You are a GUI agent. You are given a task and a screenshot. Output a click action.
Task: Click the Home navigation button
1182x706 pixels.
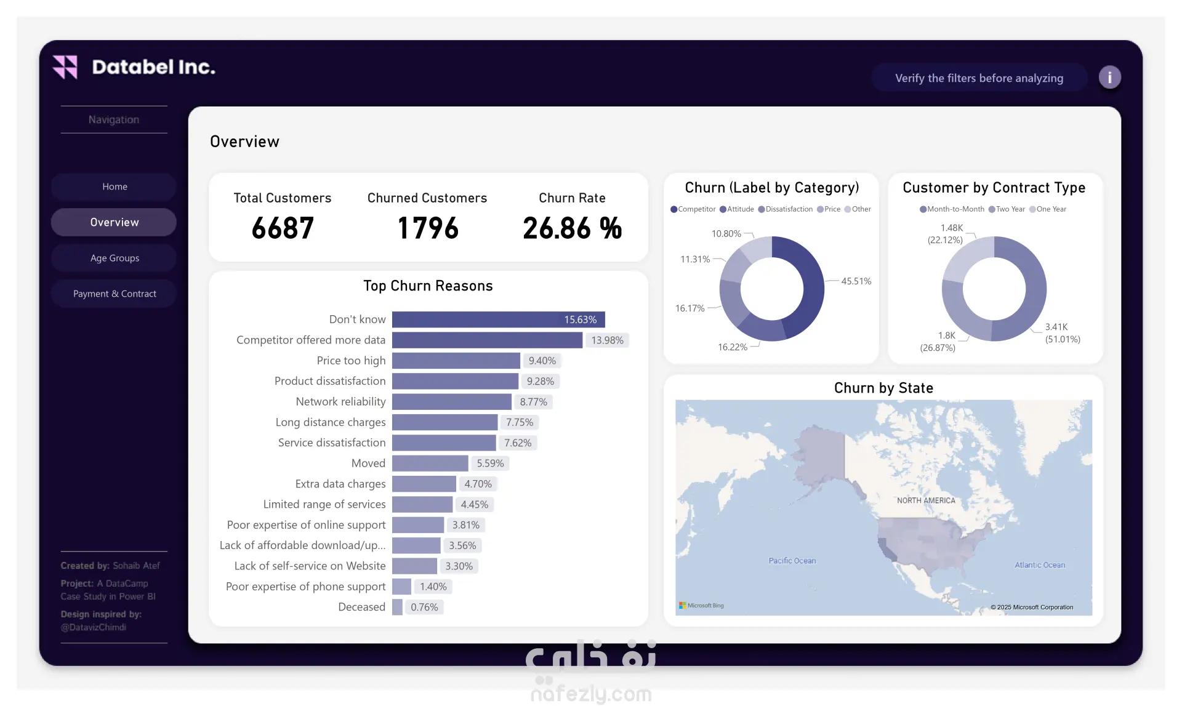point(115,187)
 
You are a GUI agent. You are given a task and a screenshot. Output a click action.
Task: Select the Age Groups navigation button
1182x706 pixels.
point(115,258)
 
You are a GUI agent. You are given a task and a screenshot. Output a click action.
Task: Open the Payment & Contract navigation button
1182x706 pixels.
point(115,294)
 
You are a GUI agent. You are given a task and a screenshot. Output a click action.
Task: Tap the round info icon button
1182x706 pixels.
point(1109,78)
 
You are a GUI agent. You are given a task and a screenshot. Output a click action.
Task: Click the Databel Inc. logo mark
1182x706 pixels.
point(65,67)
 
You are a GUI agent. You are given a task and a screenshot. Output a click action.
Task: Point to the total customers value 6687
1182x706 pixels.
point(283,228)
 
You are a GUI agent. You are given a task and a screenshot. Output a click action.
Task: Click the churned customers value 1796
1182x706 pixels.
point(428,228)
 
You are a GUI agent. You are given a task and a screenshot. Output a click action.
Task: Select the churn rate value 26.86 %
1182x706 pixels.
point(572,228)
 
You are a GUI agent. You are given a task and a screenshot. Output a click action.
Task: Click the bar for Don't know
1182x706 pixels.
point(499,319)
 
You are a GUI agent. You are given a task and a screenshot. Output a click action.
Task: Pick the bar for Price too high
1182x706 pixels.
point(456,361)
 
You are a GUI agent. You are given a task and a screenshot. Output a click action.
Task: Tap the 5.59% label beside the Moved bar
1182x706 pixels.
point(490,463)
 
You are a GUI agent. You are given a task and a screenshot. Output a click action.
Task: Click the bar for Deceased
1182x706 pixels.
point(397,607)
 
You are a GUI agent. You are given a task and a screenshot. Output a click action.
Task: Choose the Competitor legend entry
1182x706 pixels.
point(693,209)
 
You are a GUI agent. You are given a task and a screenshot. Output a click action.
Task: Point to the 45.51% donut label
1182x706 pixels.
point(856,281)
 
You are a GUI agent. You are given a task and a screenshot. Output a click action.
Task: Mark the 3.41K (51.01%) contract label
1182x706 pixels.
point(1063,333)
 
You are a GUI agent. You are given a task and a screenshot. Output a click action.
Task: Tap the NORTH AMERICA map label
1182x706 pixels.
point(926,500)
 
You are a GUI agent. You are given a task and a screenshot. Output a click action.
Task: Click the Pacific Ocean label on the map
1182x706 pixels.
point(792,561)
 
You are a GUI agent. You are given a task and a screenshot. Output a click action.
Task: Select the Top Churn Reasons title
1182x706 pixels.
point(428,286)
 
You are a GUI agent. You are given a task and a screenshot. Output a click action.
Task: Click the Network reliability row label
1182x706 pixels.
point(340,402)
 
